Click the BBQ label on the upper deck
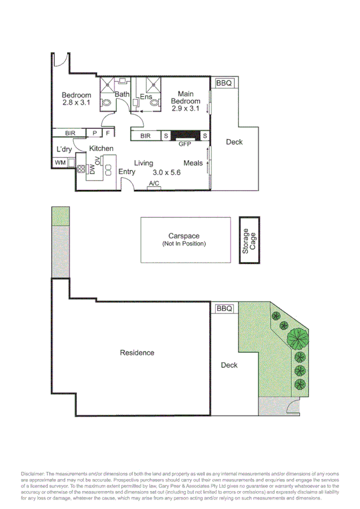pyautogui.click(x=224, y=84)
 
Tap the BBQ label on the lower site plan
pyautogui.click(x=224, y=309)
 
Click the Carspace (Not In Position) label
pyautogui.click(x=184, y=240)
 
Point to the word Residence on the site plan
pyautogui.click(x=137, y=353)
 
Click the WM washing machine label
pyautogui.click(x=60, y=162)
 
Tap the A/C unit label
pyautogui.click(x=154, y=184)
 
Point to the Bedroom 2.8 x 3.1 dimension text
pyautogui.click(x=76, y=103)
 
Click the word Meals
pyautogui.click(x=193, y=163)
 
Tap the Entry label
pyautogui.click(x=126, y=172)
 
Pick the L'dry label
pyautogui.click(x=64, y=149)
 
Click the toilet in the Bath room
pyautogui.click(x=107, y=103)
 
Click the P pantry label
pyautogui.click(x=95, y=133)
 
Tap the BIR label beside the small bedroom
pyautogui.click(x=70, y=133)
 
